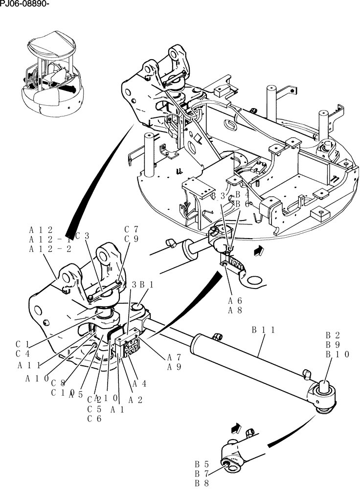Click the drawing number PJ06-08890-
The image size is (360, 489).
click(25, 5)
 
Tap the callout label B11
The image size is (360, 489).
click(263, 330)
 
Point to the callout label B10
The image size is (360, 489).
click(337, 355)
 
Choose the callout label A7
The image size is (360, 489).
click(174, 357)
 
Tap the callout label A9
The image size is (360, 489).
click(174, 367)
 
